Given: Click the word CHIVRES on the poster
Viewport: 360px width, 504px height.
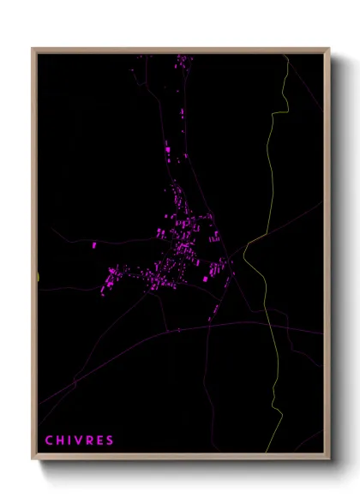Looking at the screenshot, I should pos(80,441).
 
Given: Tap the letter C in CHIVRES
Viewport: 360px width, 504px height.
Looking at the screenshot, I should pos(49,441).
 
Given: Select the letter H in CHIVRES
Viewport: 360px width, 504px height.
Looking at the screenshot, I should pos(60,441).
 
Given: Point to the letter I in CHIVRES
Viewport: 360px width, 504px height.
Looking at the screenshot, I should pos(69,441).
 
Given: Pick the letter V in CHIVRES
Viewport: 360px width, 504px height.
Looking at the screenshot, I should pos(79,441).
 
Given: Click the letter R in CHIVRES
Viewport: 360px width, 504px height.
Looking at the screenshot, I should pos(89,441).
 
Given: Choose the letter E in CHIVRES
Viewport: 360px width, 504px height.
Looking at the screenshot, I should pos(99,441).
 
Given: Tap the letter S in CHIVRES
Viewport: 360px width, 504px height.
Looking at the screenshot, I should pos(110,441).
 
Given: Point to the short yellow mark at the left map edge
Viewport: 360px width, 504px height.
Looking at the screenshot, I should pos(39,275).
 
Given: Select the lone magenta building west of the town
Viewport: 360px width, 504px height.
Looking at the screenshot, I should pos(94,245).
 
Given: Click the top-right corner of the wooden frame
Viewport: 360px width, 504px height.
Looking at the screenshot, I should pos(329,49).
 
